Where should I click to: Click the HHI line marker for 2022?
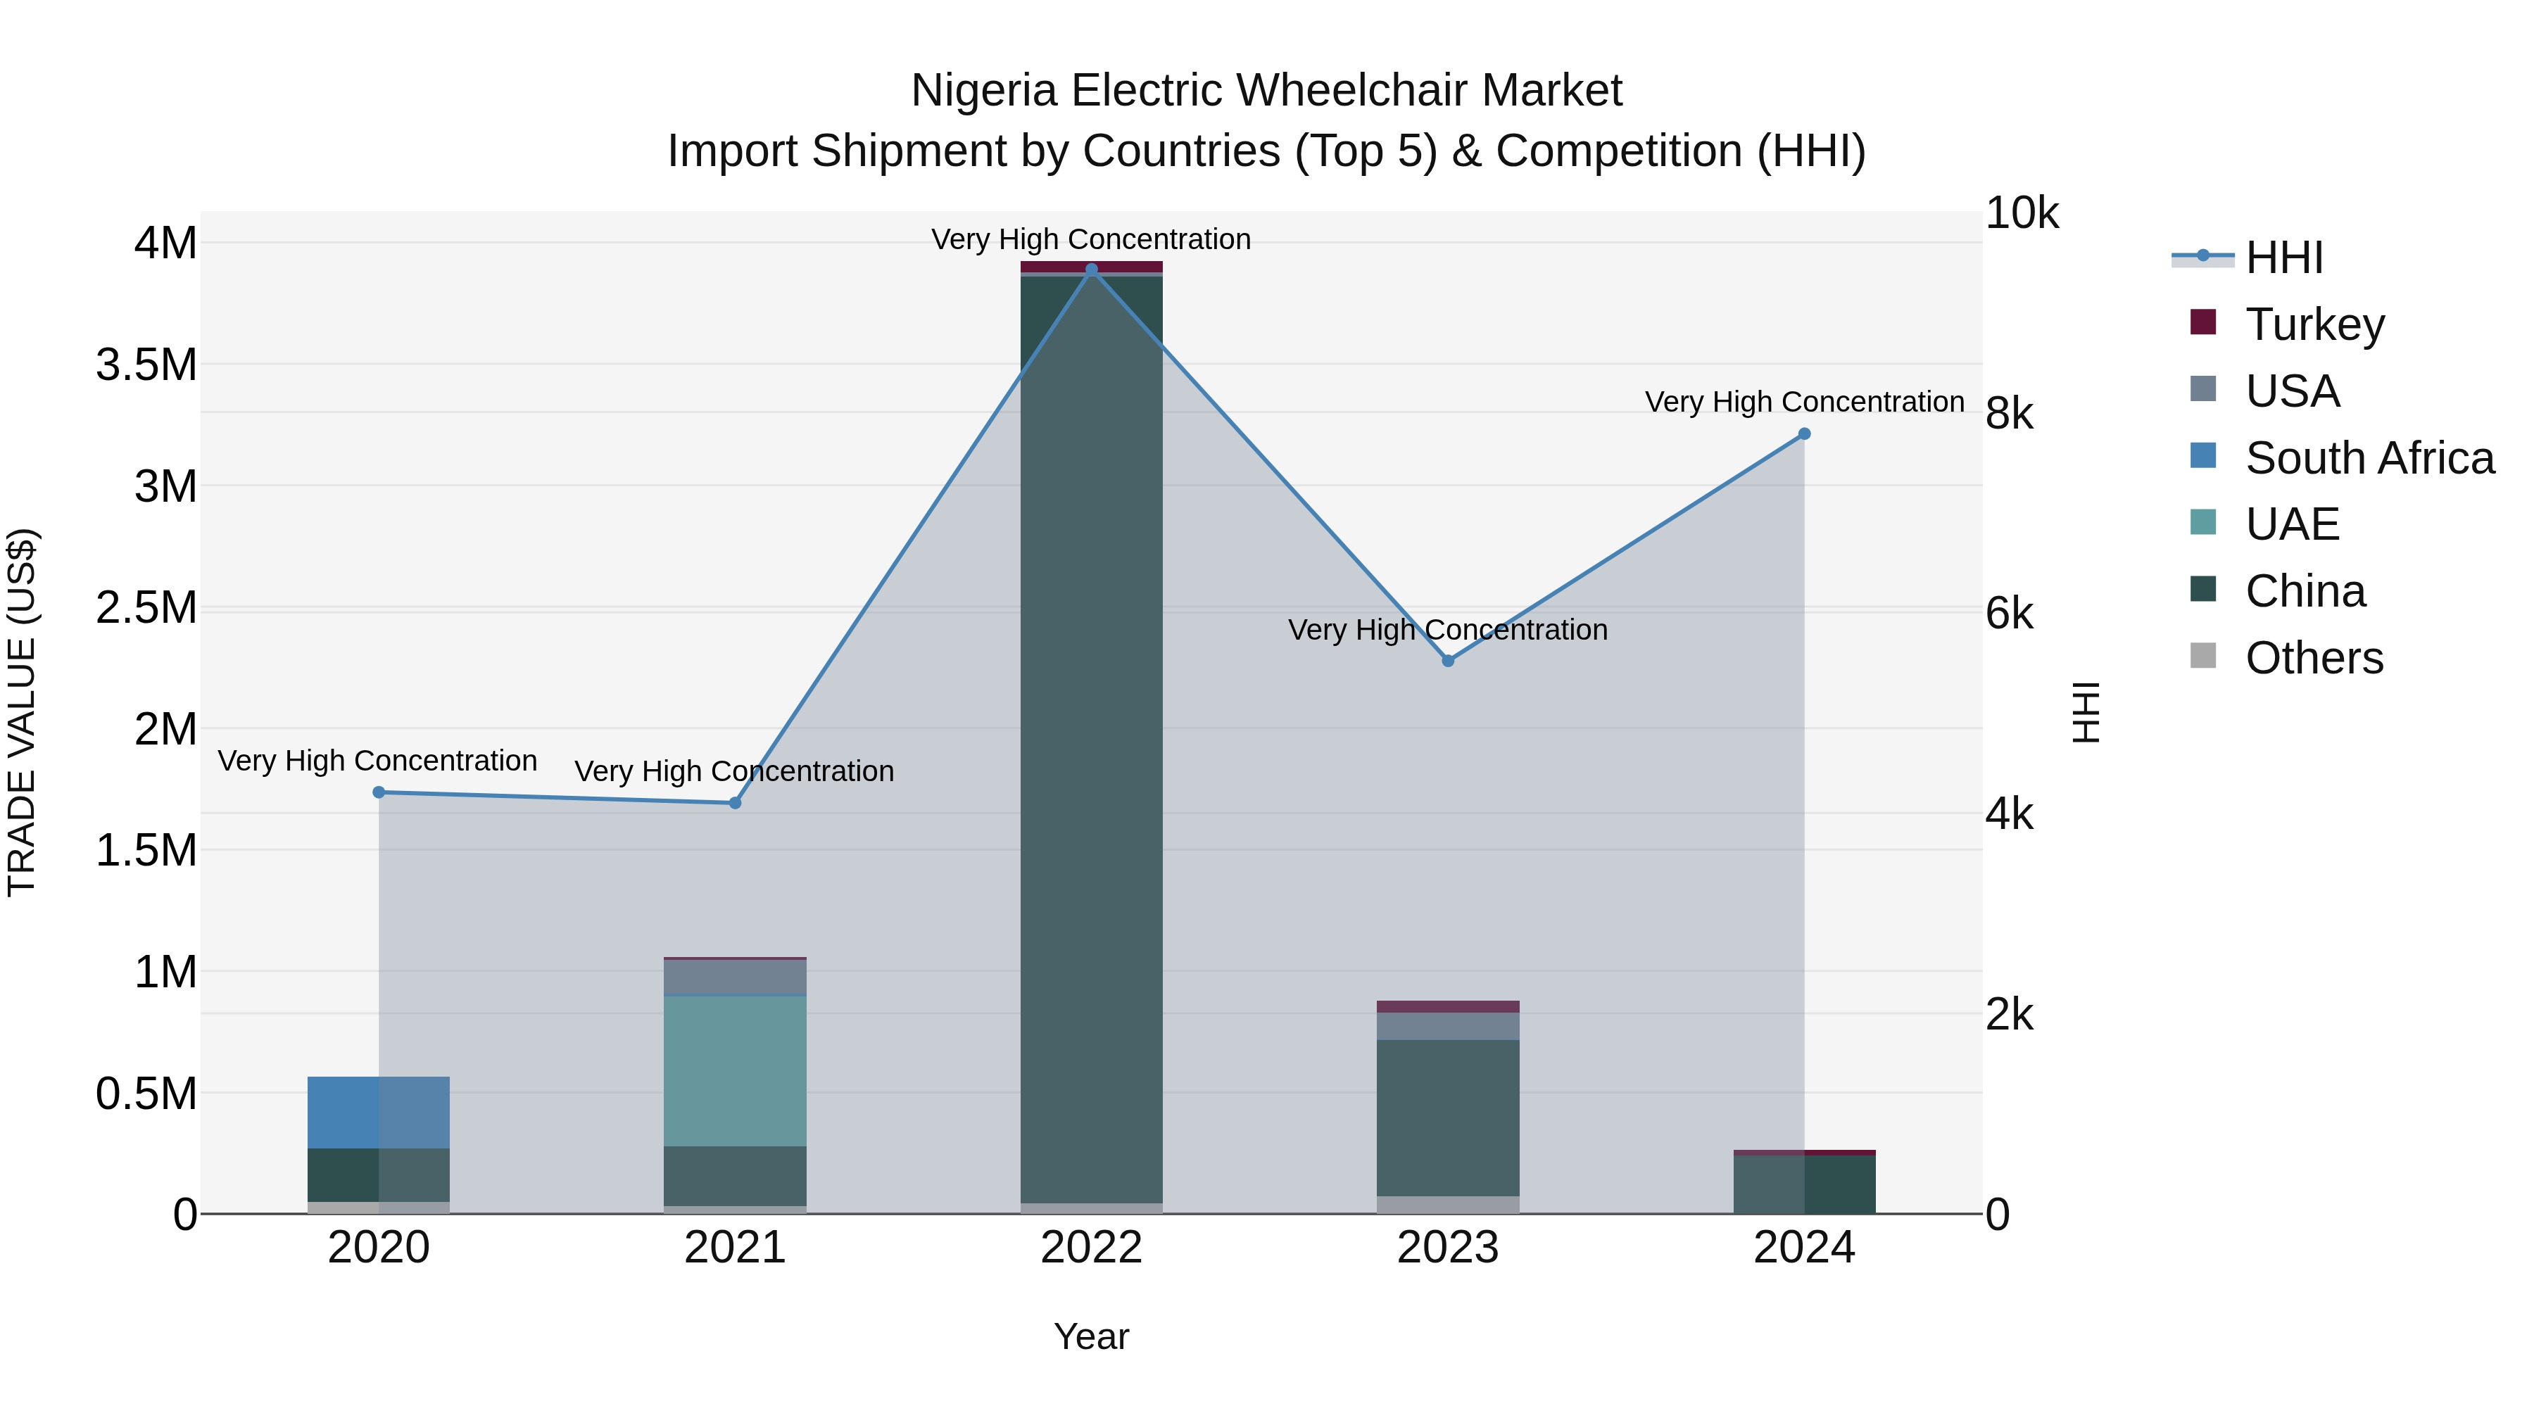click(1091, 270)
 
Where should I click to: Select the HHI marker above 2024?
click(1804, 433)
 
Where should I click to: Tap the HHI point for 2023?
click(1448, 661)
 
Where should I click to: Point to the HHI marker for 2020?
click(379, 792)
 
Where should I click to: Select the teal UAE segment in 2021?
click(735, 1071)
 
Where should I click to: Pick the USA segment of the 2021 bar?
click(735, 977)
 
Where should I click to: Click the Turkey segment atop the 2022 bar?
click(1091, 267)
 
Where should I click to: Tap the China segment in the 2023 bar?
click(1448, 1118)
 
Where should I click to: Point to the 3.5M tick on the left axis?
click(146, 365)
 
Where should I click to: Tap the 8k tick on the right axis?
click(2009, 414)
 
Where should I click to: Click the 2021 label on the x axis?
click(735, 1248)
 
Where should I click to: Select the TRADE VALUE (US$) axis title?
click(22, 712)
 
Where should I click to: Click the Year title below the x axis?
click(1091, 1336)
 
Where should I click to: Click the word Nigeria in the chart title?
click(984, 91)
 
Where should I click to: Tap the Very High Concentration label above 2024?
click(1804, 403)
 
